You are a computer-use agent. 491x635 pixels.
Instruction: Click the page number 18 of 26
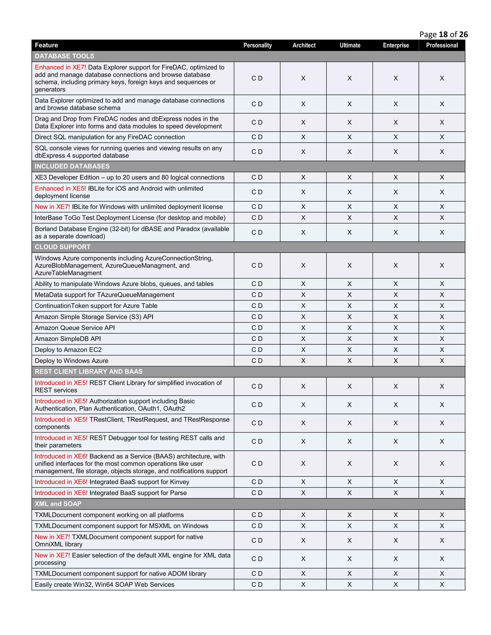point(443,35)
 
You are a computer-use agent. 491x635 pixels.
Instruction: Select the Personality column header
point(257,45)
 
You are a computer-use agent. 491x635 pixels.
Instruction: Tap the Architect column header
point(304,45)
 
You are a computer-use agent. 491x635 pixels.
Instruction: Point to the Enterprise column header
point(396,45)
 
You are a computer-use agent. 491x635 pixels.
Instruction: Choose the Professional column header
point(442,45)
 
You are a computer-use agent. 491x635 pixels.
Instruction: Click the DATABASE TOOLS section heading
point(64,56)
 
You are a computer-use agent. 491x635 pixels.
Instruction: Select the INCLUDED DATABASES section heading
point(72,166)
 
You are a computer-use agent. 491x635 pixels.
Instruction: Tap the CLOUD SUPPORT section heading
point(63,247)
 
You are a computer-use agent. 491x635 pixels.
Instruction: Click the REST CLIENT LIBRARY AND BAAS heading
point(88,372)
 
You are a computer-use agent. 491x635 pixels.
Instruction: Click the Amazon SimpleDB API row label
point(68,339)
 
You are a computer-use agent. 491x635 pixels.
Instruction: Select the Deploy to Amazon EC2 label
point(68,350)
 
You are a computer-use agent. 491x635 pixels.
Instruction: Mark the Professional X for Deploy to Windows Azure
point(442,361)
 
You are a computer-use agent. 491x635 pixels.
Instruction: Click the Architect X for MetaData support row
point(303,295)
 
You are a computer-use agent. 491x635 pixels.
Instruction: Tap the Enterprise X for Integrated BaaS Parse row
point(396,493)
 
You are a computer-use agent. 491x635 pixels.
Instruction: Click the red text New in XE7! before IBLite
point(52,207)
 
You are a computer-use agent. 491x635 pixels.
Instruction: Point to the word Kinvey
point(180,482)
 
